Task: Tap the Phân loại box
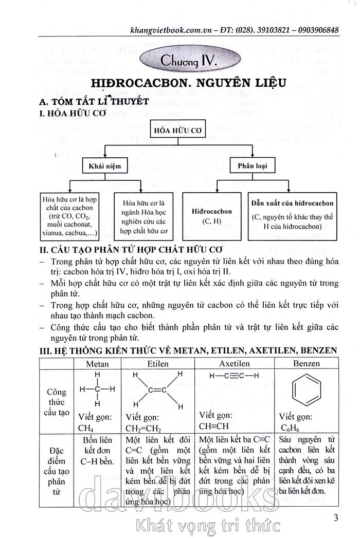[x=255, y=166]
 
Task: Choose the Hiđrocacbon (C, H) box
[x=211, y=216]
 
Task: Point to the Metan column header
[x=97, y=363]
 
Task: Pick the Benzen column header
[x=307, y=363]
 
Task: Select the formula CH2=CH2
[x=143, y=429]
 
